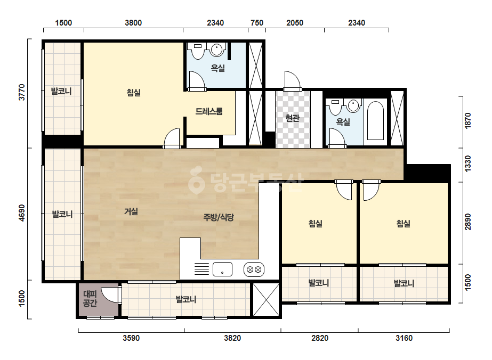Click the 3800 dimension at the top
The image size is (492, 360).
pos(133,23)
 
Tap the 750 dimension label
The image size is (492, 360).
pos(257,23)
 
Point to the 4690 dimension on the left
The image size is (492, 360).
pos(22,213)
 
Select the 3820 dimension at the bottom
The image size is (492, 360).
pos(232,338)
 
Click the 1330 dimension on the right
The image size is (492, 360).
pos(467,163)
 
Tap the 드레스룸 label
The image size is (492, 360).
pos(209,111)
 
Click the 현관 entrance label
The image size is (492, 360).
pos(292,118)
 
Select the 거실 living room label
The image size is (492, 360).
pos(131,211)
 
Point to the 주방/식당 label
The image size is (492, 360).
pos(219,217)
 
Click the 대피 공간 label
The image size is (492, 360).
pos(90,299)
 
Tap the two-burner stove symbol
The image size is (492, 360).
pos(254,269)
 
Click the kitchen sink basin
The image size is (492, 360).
pos(222,269)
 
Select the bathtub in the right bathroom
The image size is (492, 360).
pos(375,121)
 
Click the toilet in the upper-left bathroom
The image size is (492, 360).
pos(198,51)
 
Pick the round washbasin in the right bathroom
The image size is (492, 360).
pos(353,105)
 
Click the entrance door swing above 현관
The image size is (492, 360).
pos(293,80)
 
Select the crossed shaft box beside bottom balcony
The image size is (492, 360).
pos(266,299)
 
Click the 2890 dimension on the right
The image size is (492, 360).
pos(467,222)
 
